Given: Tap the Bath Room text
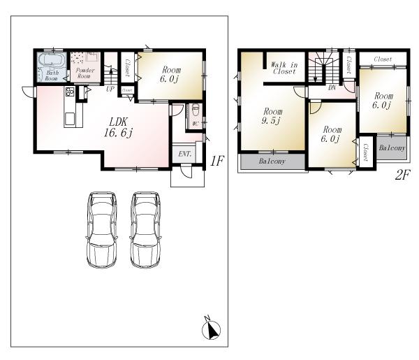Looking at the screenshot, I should coord(52,75).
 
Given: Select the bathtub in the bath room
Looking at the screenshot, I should coord(52,61).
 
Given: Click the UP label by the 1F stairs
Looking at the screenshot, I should coord(110,89).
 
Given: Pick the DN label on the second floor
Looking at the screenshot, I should coord(332,88).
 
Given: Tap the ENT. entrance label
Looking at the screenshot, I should coord(185,154).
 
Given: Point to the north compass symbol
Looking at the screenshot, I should coord(210,328).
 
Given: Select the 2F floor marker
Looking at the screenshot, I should coord(402,175).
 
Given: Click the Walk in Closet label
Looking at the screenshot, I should coord(284,67).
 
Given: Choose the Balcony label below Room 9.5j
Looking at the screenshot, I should coord(272,161).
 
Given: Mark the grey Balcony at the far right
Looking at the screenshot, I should coord(392,147).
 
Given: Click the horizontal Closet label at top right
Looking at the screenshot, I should coord(382,59).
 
